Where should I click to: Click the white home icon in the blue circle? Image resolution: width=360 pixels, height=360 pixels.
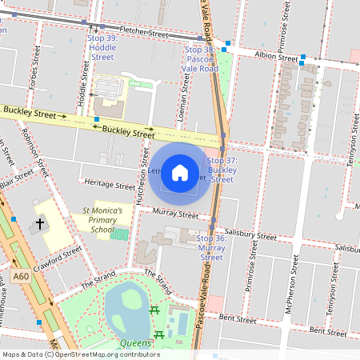pos(180,172)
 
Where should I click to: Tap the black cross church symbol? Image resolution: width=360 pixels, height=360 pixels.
pos(41,226)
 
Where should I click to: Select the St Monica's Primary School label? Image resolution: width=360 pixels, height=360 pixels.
pos(102,220)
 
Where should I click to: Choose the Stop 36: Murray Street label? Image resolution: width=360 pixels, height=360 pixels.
pos(211,248)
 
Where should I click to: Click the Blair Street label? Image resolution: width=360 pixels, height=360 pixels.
pos(16,182)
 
